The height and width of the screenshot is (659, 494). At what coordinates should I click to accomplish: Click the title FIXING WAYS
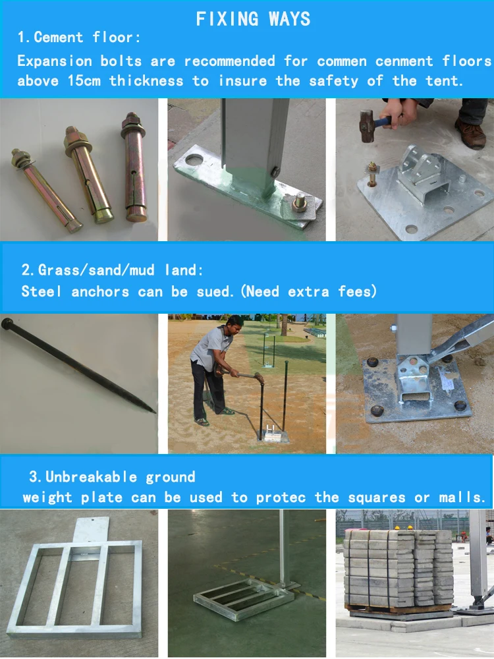[253, 19]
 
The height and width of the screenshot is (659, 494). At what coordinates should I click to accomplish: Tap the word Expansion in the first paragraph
[55, 61]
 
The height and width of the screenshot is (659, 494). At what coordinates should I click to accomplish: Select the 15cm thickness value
[84, 80]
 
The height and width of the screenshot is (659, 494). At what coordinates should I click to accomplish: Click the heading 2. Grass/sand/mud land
[113, 270]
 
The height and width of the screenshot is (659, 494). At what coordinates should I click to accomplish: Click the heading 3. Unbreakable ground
[112, 476]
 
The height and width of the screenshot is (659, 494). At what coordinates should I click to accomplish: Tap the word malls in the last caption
[462, 497]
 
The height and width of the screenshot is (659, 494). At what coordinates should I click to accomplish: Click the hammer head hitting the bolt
[366, 125]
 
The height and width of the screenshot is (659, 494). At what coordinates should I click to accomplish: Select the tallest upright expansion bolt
[134, 167]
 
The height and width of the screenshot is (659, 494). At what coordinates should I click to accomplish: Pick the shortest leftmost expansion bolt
[45, 190]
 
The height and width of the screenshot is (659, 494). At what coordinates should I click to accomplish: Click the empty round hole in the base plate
[194, 159]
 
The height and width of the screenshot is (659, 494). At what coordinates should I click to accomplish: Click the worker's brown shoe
[470, 133]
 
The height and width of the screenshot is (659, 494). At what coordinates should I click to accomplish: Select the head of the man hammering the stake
[234, 324]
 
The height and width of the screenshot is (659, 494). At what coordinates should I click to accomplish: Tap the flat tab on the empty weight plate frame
[92, 530]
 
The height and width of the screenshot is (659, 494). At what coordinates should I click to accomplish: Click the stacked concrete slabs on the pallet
[398, 567]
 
